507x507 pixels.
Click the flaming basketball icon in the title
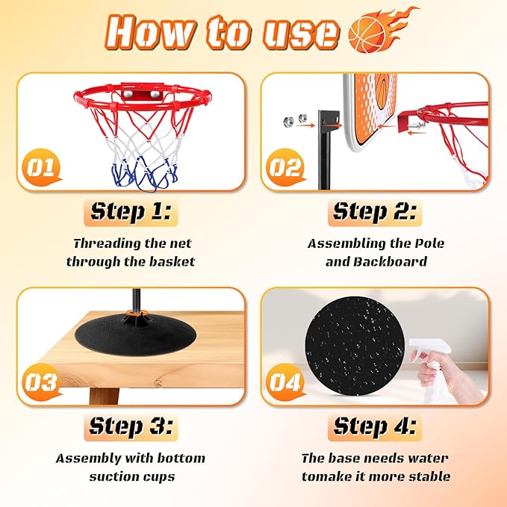[379, 31]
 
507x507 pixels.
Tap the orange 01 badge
[41, 167]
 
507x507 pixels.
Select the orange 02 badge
[285, 167]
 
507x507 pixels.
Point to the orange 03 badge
[41, 382]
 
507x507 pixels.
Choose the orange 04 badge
[285, 382]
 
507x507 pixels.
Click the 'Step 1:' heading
[131, 212]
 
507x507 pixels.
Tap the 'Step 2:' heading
[375, 212]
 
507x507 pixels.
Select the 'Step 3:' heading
[131, 426]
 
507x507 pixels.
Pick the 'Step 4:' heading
[375, 426]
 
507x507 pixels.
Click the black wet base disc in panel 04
[355, 346]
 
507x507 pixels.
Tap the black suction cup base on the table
[135, 336]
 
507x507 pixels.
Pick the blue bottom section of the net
[144, 175]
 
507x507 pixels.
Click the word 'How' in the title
[151, 32]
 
